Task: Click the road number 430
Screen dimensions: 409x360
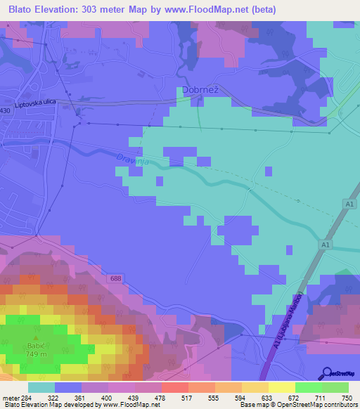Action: click(6, 111)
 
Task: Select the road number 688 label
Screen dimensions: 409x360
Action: click(115, 279)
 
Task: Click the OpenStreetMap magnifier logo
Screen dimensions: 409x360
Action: click(327, 372)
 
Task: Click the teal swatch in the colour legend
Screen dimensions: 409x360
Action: click(41, 387)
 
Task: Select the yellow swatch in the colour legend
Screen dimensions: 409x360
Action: click(281, 387)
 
